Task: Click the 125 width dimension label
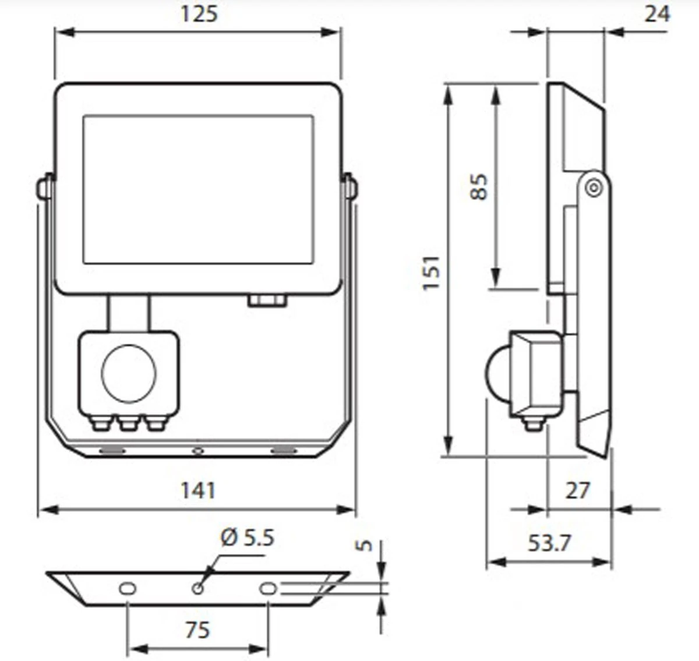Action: (x=199, y=13)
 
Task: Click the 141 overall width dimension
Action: (x=198, y=490)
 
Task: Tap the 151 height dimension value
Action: (x=431, y=273)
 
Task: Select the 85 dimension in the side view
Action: (x=479, y=186)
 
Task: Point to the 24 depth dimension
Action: (x=656, y=13)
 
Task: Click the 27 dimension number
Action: (x=577, y=490)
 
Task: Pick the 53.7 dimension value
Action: (x=549, y=543)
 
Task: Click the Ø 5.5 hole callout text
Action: (x=247, y=537)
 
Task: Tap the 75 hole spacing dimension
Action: (x=197, y=630)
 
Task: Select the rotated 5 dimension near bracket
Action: (x=364, y=545)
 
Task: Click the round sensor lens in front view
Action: (x=129, y=373)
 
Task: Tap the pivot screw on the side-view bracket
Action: (x=593, y=188)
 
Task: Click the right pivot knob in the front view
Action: (x=351, y=188)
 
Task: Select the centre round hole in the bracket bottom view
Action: (x=197, y=588)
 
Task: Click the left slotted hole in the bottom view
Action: (x=127, y=588)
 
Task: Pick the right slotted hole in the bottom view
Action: (x=268, y=588)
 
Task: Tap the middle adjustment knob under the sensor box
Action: (x=129, y=423)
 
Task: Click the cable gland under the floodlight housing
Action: (x=267, y=301)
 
